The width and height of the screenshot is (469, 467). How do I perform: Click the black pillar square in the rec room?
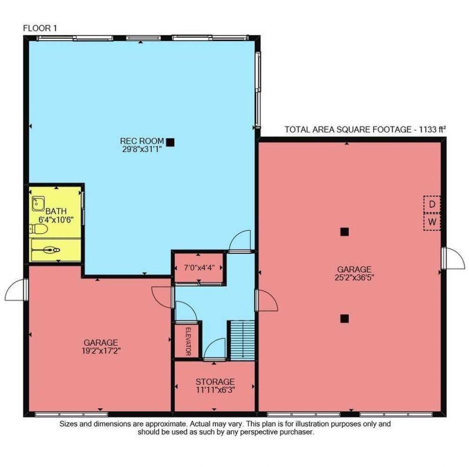click(x=170, y=143)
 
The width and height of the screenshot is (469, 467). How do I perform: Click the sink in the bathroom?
click(x=38, y=202)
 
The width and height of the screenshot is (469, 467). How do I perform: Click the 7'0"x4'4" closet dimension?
click(x=198, y=267)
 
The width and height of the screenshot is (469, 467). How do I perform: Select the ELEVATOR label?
click(x=187, y=341)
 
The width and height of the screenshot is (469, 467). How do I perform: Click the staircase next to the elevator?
click(x=241, y=340)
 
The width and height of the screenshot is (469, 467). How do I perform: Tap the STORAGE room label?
click(x=215, y=382)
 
